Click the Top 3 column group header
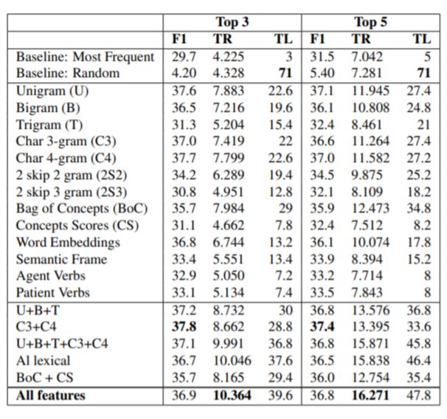(x=232, y=22)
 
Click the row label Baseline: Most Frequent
(x=86, y=57)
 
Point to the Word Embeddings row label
(x=68, y=242)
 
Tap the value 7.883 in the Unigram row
(x=229, y=91)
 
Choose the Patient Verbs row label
(x=53, y=293)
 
